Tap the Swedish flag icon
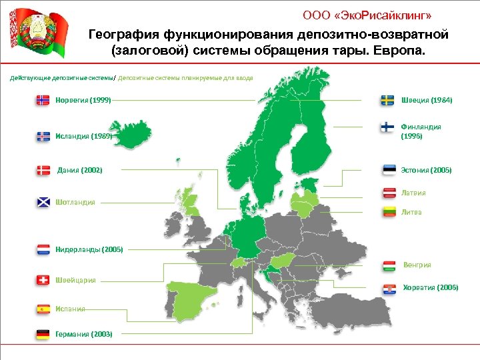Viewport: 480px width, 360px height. click(387, 100)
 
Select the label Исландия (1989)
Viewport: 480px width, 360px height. click(83, 136)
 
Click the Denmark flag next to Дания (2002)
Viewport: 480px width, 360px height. click(43, 170)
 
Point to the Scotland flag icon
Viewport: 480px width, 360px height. click(43, 202)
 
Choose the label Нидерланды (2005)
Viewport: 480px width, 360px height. click(89, 250)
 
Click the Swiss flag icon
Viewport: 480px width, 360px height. click(43, 280)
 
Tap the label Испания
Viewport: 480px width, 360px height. click(70, 309)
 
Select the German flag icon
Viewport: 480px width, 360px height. click(43, 333)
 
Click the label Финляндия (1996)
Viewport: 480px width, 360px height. click(421, 131)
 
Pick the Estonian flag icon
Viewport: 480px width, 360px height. click(389, 170)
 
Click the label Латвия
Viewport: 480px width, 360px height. click(413, 193)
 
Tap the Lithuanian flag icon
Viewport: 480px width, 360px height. click(389, 212)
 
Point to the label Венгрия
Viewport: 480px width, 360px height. click(417, 265)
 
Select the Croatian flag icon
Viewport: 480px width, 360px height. click(389, 288)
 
